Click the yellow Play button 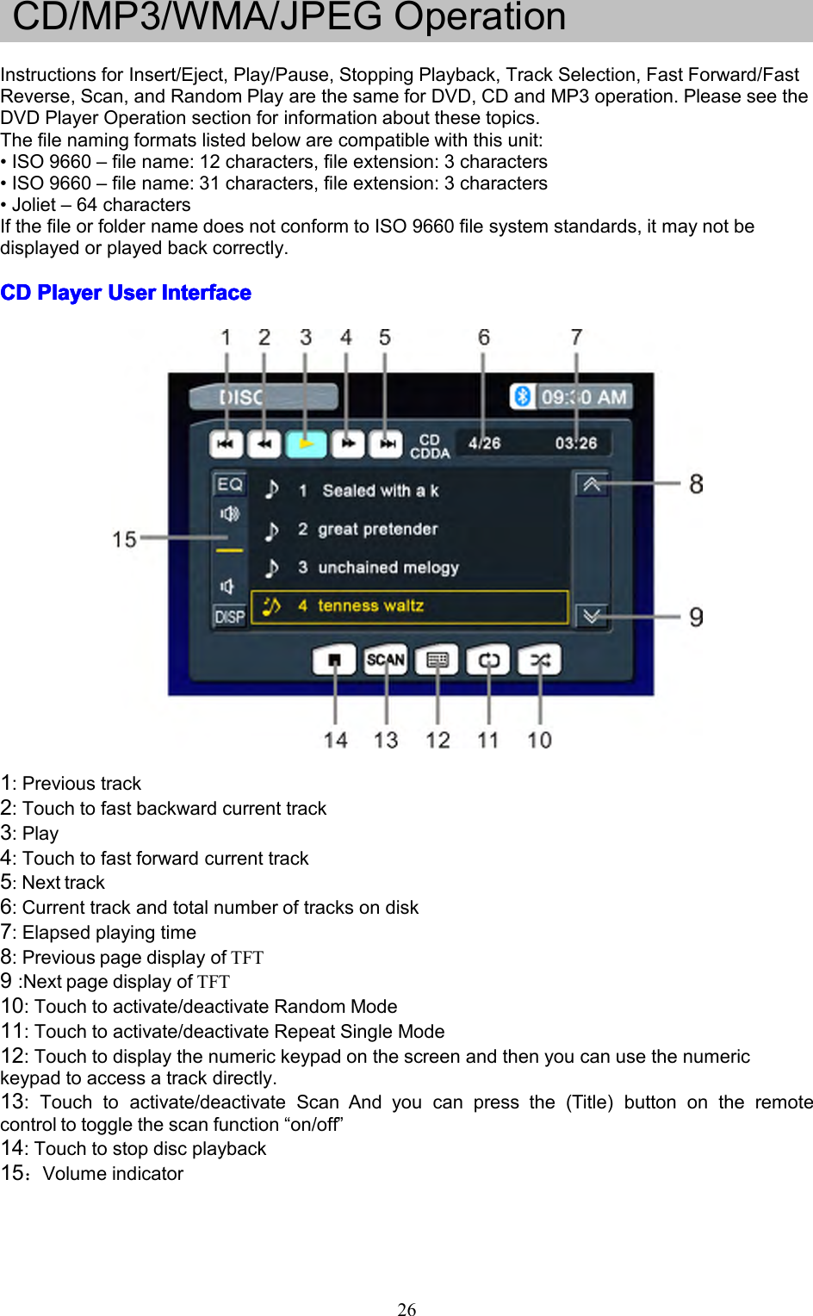(306, 444)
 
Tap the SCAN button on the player (385, 660)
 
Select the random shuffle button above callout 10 (540, 661)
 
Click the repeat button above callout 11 (488, 661)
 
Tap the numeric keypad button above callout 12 (438, 661)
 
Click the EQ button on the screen (230, 484)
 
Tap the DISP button (230, 617)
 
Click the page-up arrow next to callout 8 (592, 484)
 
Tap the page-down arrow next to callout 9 (592, 616)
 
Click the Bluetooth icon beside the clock (522, 396)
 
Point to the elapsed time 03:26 (575, 444)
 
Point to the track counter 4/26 (484, 444)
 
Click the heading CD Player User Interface (126, 293)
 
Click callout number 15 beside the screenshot (124, 540)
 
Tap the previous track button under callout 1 (226, 444)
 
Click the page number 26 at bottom (406, 1309)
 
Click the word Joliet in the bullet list (34, 205)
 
